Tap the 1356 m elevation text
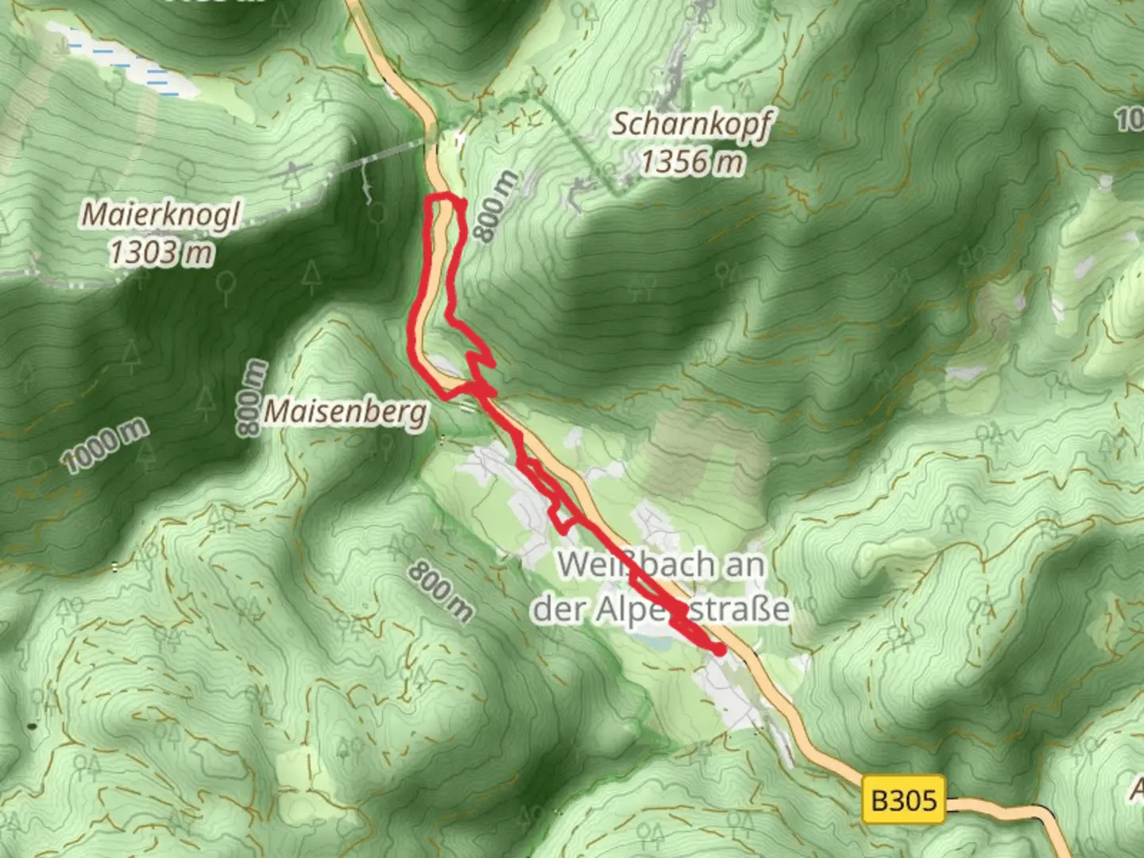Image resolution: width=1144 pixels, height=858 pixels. click(692, 162)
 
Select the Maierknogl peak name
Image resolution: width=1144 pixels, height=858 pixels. click(160, 214)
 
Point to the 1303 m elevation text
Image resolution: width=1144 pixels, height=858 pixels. click(161, 253)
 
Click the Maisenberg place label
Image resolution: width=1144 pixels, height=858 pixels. click(345, 412)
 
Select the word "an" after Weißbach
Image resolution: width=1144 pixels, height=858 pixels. click(744, 565)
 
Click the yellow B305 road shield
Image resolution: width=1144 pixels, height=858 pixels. click(904, 798)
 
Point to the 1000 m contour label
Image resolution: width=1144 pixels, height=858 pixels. click(105, 446)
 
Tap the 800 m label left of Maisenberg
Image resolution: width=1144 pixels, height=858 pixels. click(251, 397)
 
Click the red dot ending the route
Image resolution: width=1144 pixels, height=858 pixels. click(720, 650)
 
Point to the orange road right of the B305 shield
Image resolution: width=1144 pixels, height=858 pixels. click(1009, 809)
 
